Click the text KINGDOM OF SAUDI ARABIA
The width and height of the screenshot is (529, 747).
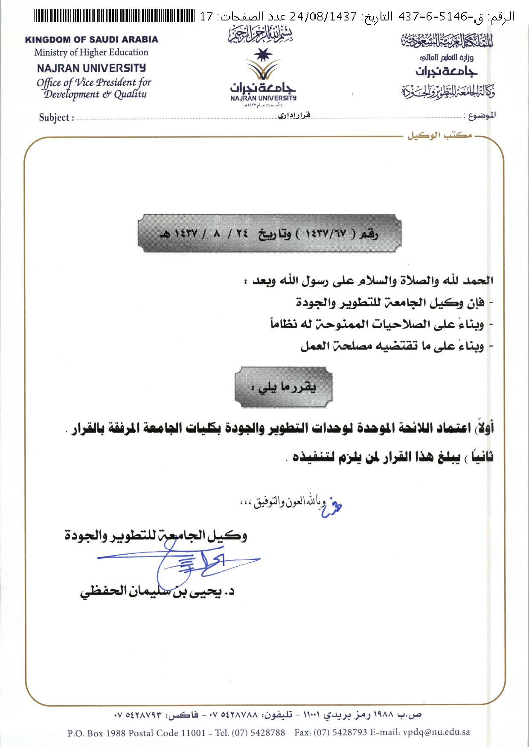coord(91,40)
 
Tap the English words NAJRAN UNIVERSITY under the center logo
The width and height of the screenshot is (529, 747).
coord(263,98)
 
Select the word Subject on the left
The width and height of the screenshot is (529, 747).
coord(54,118)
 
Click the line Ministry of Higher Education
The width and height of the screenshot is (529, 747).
coord(91,52)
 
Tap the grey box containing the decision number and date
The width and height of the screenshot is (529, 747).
coord(269,234)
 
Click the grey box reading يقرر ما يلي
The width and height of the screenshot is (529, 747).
coord(283,387)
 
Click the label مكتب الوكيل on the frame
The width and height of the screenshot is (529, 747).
coord(439,136)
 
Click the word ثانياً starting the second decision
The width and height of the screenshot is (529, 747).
coord(480,457)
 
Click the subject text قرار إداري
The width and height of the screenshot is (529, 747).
coord(294,115)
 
